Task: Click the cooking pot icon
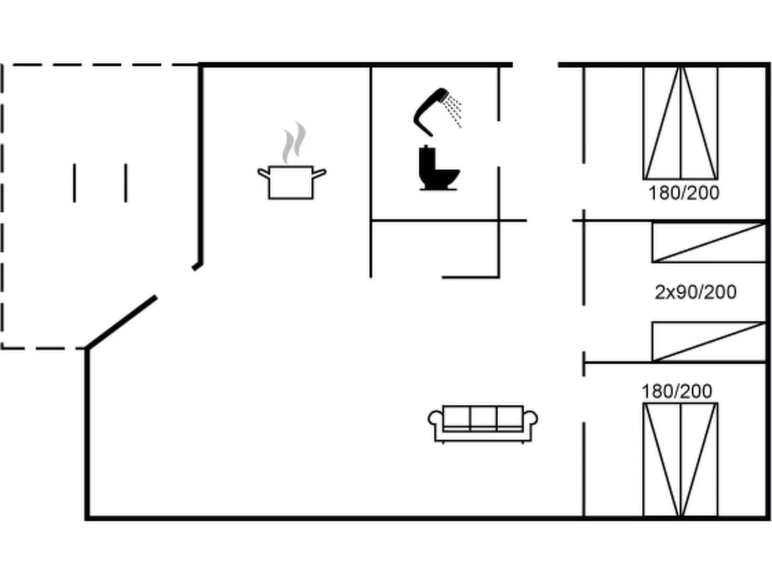(292, 183)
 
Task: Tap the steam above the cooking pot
(294, 142)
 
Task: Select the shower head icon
(437, 112)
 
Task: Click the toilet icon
(439, 168)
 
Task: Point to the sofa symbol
(483, 424)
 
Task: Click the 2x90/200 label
(695, 292)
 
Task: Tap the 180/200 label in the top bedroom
(684, 193)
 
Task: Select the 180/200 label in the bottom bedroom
(677, 391)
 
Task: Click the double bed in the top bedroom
(681, 123)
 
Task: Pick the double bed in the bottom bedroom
(681, 460)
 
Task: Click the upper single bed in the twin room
(709, 243)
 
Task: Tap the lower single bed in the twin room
(709, 341)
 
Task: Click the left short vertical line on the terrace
(74, 183)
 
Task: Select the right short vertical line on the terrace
(126, 183)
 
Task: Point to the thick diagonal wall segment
(122, 322)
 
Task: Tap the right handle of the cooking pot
(319, 173)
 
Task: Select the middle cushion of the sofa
(483, 419)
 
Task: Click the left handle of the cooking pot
(264, 173)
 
